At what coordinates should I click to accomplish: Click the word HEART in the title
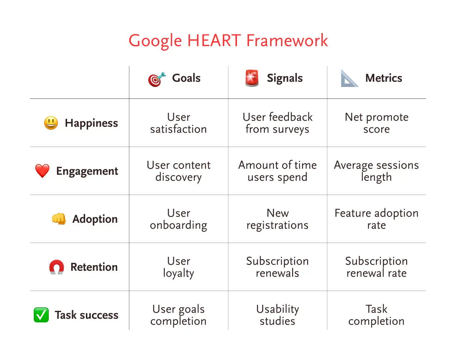coord(214,40)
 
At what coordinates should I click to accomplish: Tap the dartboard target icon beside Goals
coord(157,79)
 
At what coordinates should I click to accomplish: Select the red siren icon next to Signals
coord(252,78)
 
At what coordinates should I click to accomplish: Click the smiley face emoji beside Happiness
coord(51,123)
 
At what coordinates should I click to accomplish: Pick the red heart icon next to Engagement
coord(42,171)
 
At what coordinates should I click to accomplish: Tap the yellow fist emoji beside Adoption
coord(59,219)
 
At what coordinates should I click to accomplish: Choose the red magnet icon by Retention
coord(57,267)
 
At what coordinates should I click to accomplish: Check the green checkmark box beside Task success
coord(41,315)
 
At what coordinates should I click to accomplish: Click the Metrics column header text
coord(384,78)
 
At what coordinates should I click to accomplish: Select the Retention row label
coord(94,267)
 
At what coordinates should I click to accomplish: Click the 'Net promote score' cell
coord(376,123)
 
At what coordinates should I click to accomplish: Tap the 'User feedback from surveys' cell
coord(277,123)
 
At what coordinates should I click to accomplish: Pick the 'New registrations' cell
coord(277,219)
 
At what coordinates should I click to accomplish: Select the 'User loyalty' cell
coord(178,267)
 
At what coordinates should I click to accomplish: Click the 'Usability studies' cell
coord(277,315)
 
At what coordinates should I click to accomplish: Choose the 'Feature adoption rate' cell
coord(376,219)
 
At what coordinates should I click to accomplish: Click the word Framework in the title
coord(287,40)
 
